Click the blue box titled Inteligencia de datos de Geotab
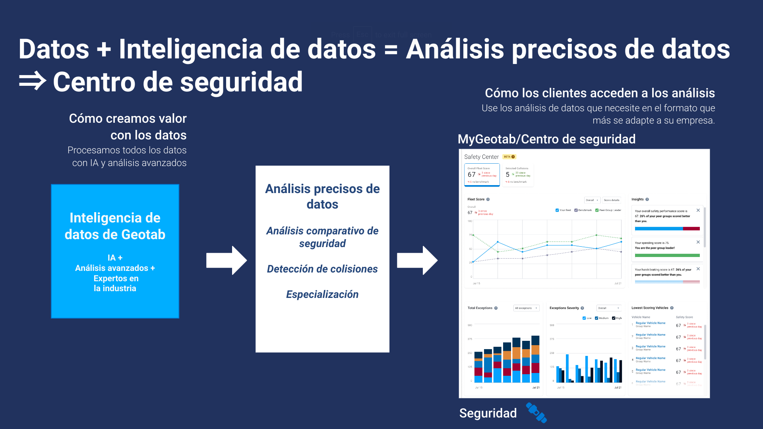115,251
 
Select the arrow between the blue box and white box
226,261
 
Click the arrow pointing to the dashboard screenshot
417,261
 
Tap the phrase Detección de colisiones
322,269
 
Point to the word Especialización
322,294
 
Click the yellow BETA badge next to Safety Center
509,157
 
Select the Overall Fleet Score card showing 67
482,175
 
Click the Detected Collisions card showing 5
518,175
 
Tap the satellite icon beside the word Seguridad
536,413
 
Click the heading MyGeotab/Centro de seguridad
546,139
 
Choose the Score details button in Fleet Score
611,200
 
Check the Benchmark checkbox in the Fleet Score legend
576,210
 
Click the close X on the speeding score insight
698,242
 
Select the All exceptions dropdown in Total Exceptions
526,308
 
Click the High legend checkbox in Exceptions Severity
614,318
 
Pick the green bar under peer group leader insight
667,255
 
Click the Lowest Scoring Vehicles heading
650,308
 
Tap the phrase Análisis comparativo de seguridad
322,237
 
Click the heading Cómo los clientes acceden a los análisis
599,93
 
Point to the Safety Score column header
684,317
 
